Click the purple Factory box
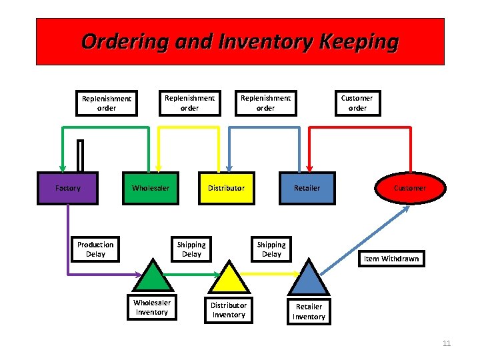point(68,188)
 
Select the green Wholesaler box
point(151,188)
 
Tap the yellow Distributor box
point(226,188)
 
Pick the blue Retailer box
point(307,188)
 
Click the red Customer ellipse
point(409,188)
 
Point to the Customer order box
point(357,103)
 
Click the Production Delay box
point(95,249)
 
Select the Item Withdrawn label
point(391,259)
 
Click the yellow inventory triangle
point(229,278)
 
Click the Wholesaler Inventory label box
point(152,307)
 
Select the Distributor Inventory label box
point(229,310)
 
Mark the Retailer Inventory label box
point(309,311)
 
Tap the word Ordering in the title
point(123,41)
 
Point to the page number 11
point(447,343)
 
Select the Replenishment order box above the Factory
point(107,103)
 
